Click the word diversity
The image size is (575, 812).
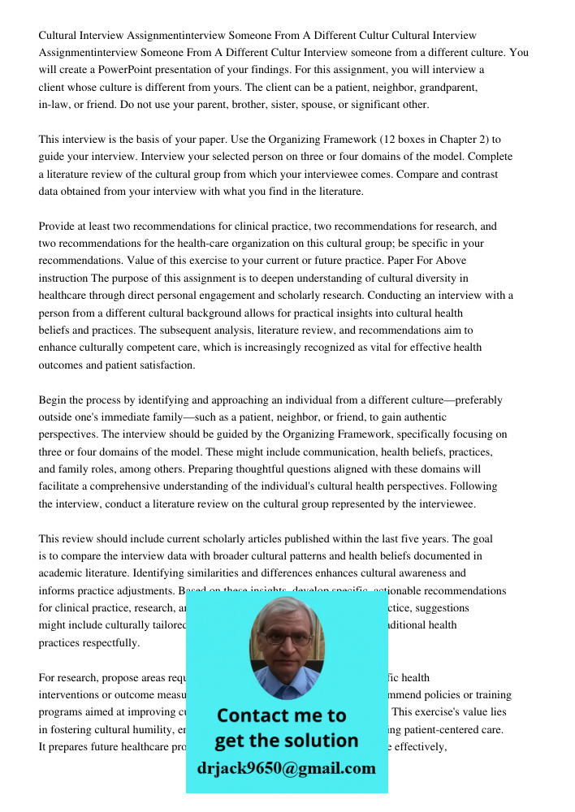[x=417, y=279]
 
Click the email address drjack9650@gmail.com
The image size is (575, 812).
[x=286, y=768]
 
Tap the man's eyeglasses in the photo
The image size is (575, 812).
[x=287, y=638]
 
